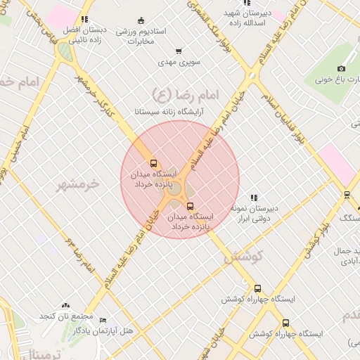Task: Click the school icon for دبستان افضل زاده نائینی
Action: point(85,20)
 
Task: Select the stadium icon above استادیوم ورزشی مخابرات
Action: point(141,20)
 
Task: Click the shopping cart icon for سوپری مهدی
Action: point(179,51)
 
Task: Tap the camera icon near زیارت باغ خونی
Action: point(341,68)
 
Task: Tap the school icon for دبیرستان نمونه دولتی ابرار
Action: point(254,198)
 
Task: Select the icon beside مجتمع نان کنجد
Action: point(65,305)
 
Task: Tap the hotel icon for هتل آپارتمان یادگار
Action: point(103,320)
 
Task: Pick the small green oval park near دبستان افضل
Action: point(64,51)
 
